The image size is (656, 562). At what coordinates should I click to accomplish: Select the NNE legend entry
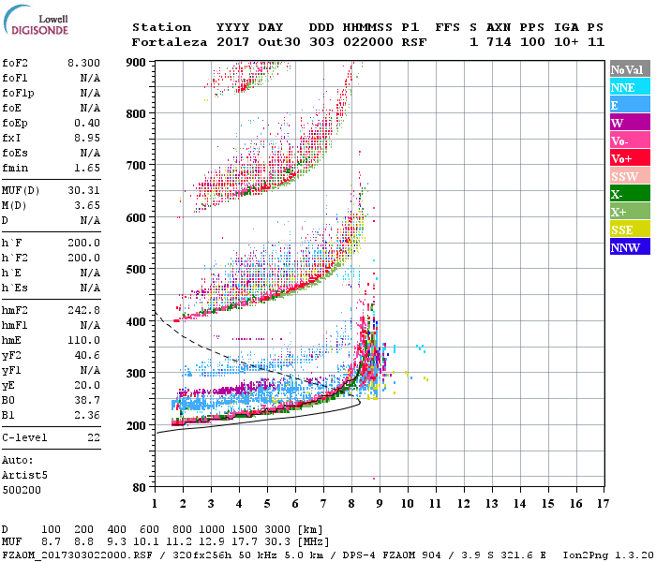pos(623,87)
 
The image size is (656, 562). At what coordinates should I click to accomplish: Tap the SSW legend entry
pos(623,176)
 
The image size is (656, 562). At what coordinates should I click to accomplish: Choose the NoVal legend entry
pos(626,69)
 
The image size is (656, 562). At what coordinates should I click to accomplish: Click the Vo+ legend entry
pos(622,158)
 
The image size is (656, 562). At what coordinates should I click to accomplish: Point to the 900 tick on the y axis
pos(137,62)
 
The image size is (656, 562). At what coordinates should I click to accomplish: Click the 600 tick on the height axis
pos(137,217)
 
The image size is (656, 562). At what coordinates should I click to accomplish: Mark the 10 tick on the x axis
pos(408,503)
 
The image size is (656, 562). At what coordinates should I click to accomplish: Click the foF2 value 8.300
pos(83,62)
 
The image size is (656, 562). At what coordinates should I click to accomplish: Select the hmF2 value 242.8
pos(84,309)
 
